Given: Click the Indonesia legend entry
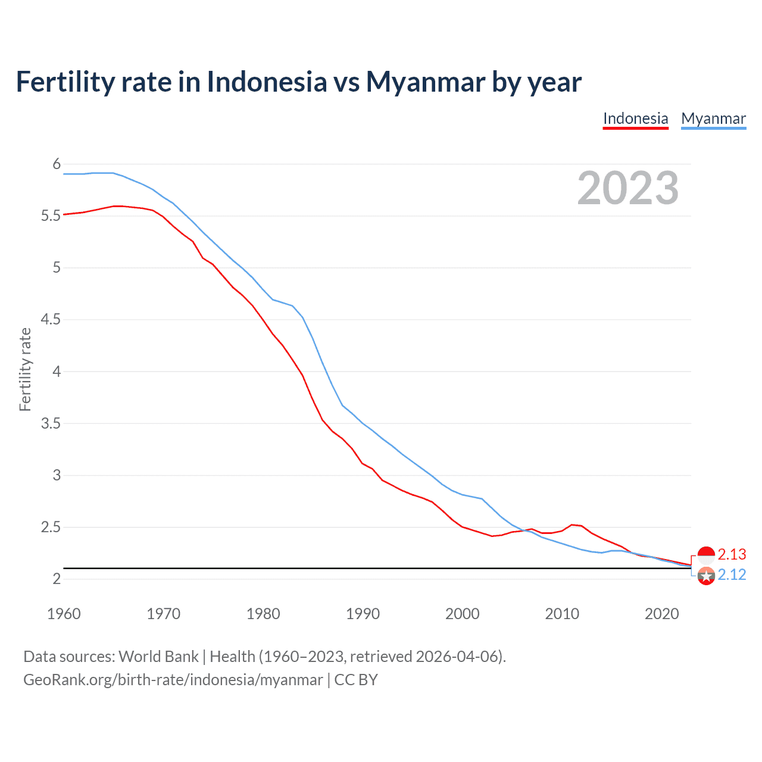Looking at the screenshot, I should pos(635,118).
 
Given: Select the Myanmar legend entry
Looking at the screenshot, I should pos(713,118).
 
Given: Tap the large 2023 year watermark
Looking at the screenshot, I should pos(627,188).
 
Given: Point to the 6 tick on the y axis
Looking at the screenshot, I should pos(57,164).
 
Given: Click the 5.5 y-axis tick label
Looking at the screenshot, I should pos(51,216).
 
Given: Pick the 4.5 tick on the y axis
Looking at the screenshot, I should pos(51,320).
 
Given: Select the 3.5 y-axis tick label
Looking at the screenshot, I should pos(51,423).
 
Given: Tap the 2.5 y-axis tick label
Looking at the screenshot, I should pos(51,527).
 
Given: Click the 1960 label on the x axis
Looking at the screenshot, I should pos(64,614).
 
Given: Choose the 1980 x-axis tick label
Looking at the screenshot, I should pos(263,614).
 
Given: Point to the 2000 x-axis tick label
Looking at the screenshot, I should pos(462,614).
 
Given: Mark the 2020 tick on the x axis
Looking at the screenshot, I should pos(661,614).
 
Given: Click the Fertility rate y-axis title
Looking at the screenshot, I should pos(25,369).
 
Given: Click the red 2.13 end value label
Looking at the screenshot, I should pos(732,554).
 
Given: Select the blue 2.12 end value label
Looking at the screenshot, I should pos(732,574).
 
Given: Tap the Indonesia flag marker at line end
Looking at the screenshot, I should pos(706,555).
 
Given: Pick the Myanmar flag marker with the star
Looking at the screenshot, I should pos(706,576).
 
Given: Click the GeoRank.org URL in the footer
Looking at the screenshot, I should pos(173,680).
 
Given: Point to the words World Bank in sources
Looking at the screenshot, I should pos(158,657).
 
